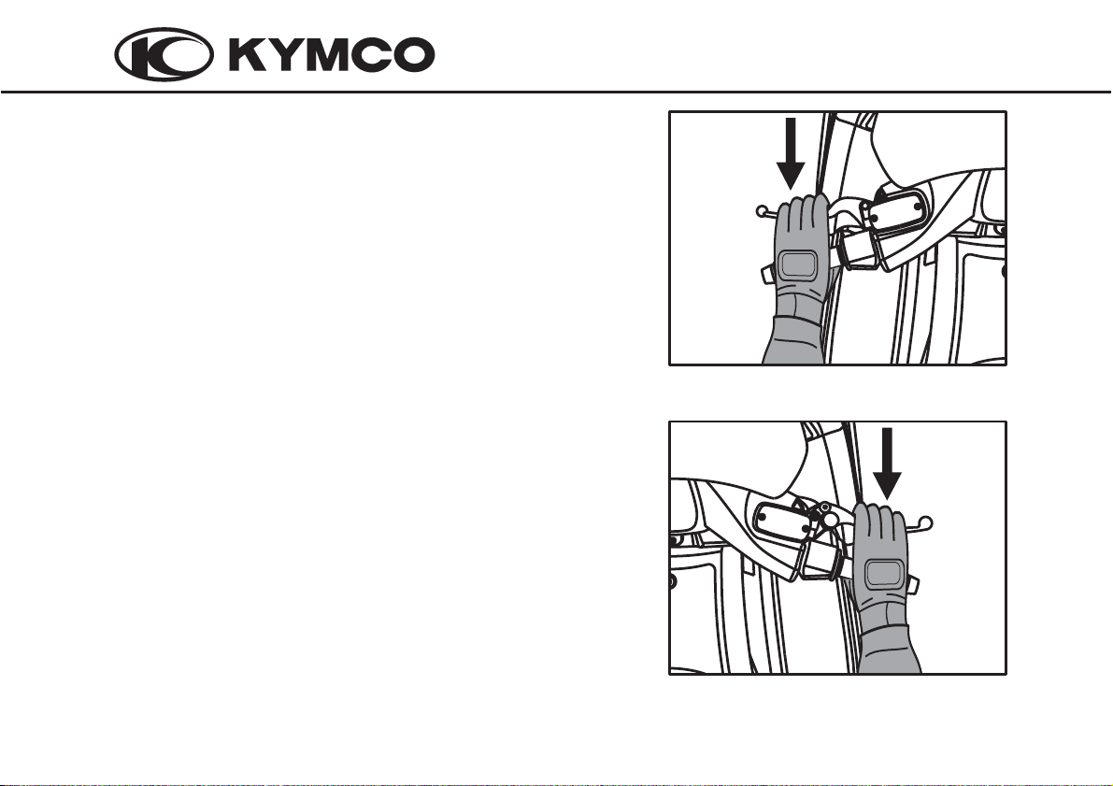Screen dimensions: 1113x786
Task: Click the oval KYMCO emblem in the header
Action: point(164,54)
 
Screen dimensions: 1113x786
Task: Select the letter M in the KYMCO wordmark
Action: point(327,54)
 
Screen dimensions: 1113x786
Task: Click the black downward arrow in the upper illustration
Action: point(790,152)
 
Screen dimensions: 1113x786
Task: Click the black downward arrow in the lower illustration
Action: point(887,464)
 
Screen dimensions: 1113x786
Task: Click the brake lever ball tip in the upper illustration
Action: point(761,211)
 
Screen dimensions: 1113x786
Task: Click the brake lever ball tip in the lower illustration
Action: point(925,524)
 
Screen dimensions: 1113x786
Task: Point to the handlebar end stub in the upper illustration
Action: point(768,274)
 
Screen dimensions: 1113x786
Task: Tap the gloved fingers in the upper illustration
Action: point(802,217)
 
